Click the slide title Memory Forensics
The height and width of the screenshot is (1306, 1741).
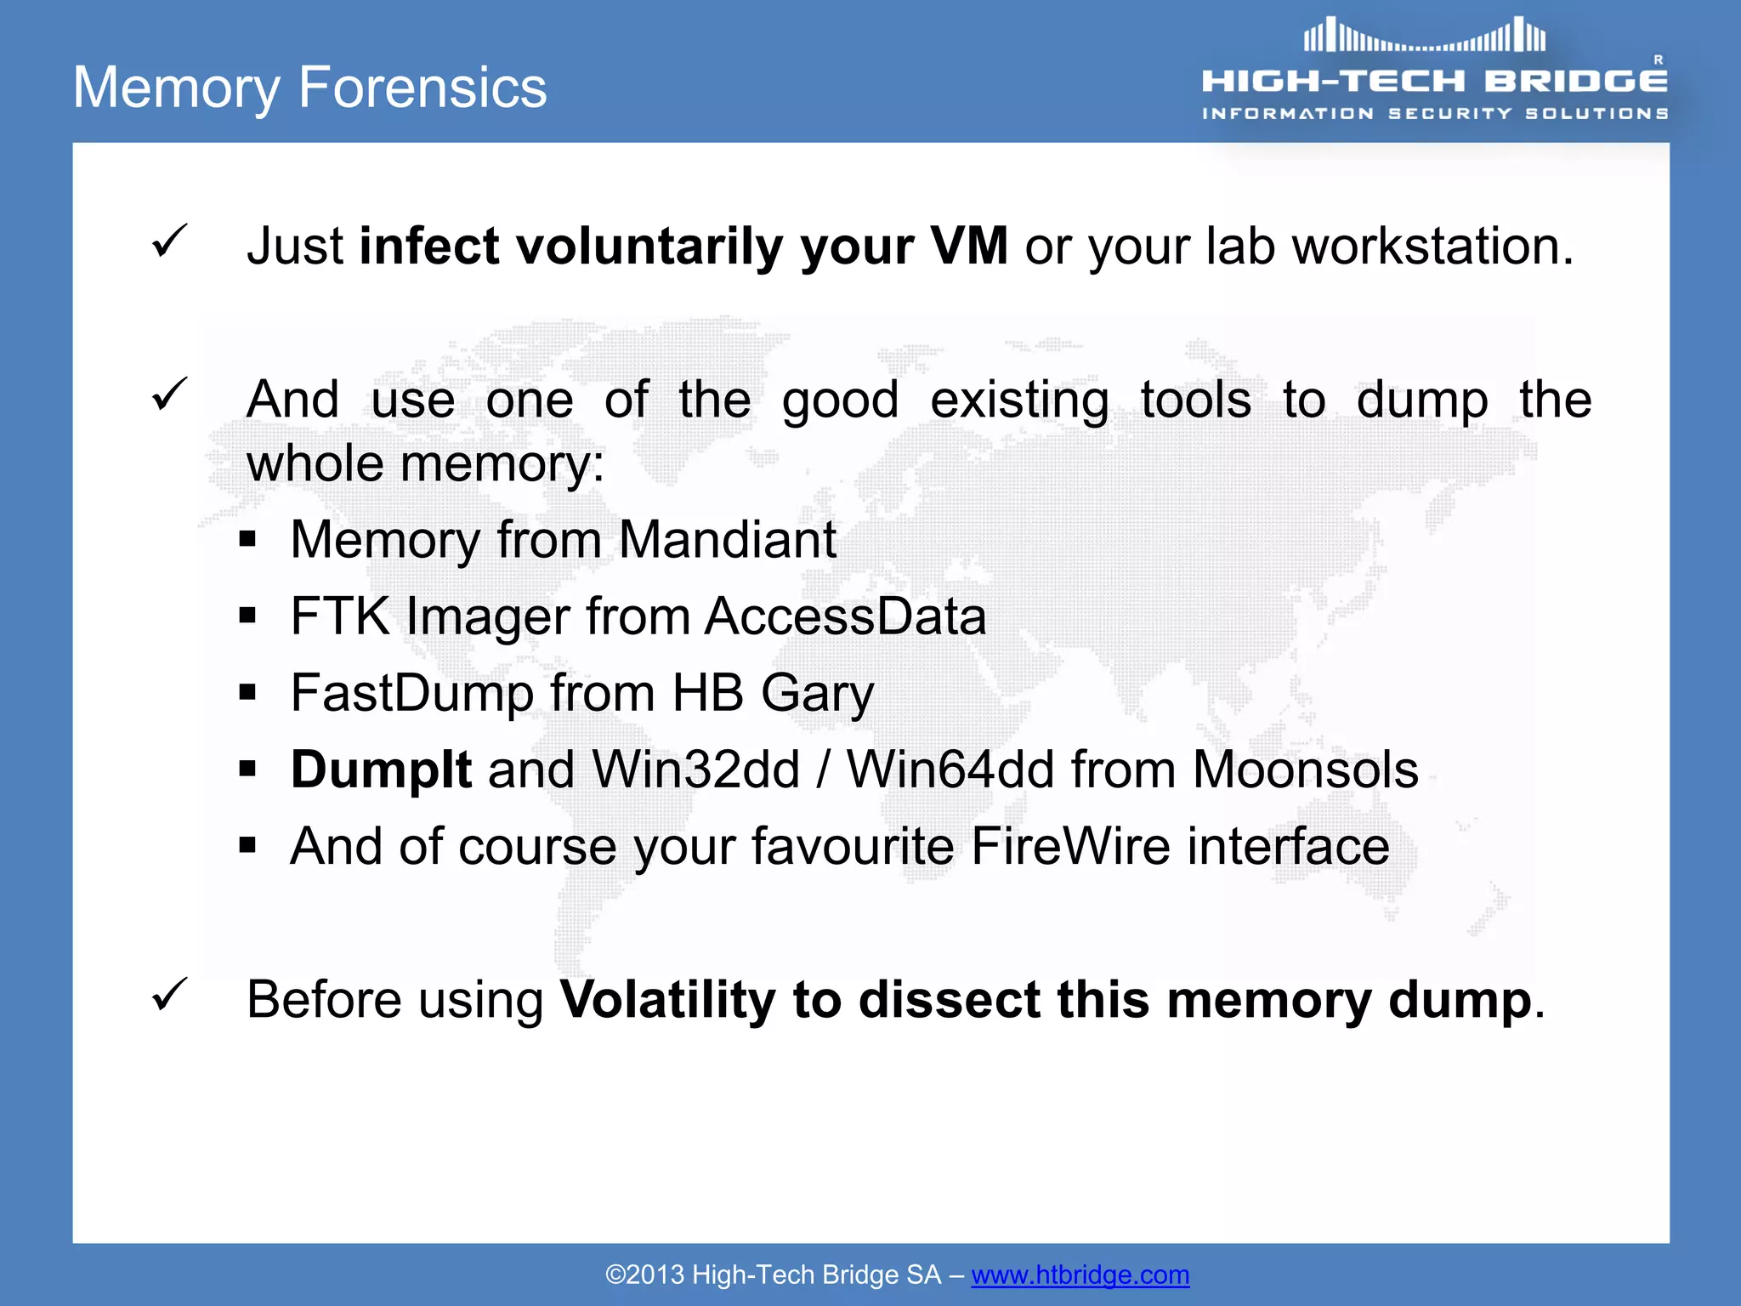point(309,88)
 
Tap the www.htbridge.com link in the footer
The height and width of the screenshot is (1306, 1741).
point(1080,1275)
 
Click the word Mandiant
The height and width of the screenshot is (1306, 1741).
point(728,540)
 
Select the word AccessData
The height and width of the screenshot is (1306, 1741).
point(846,616)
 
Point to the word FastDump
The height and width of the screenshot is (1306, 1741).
point(412,693)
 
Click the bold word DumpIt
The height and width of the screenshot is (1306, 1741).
point(381,769)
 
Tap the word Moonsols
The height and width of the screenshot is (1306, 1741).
point(1305,769)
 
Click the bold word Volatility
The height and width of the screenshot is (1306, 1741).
point(667,999)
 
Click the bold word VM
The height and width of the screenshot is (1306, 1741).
point(968,247)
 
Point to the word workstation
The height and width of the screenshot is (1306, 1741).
point(1432,247)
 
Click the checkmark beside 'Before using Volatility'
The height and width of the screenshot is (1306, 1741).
point(169,994)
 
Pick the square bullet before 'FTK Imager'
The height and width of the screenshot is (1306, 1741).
point(247,616)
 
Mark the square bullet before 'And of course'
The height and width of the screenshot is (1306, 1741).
point(247,845)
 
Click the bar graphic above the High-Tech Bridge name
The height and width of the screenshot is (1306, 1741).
point(1425,37)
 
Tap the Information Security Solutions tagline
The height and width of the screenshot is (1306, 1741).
point(1434,113)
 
